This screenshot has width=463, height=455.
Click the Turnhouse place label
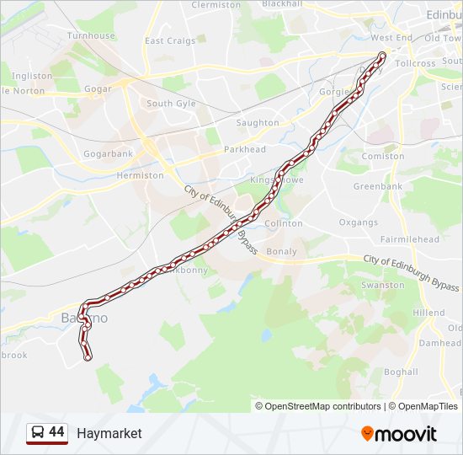[91, 36]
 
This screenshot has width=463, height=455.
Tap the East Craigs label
[169, 40]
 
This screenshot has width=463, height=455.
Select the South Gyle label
[171, 104]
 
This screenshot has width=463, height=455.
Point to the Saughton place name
[258, 123]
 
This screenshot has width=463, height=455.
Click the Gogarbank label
[108, 154]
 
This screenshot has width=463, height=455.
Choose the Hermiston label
[141, 175]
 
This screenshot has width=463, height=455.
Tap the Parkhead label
[245, 150]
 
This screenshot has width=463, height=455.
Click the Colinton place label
[284, 223]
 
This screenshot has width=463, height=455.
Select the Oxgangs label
[359, 222]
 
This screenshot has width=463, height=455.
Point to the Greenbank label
[378, 186]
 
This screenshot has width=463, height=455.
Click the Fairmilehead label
[409, 239]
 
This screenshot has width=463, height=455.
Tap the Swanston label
[382, 286]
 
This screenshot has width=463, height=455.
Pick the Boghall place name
[400, 372]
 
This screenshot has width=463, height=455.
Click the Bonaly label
[281, 251]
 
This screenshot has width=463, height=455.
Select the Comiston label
[383, 157]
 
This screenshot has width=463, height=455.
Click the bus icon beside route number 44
[37, 433]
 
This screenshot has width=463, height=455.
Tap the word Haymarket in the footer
[109, 434]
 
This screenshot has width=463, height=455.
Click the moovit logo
[399, 434]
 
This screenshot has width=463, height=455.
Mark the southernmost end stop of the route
[88, 357]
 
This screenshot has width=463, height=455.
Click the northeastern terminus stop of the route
[382, 56]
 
